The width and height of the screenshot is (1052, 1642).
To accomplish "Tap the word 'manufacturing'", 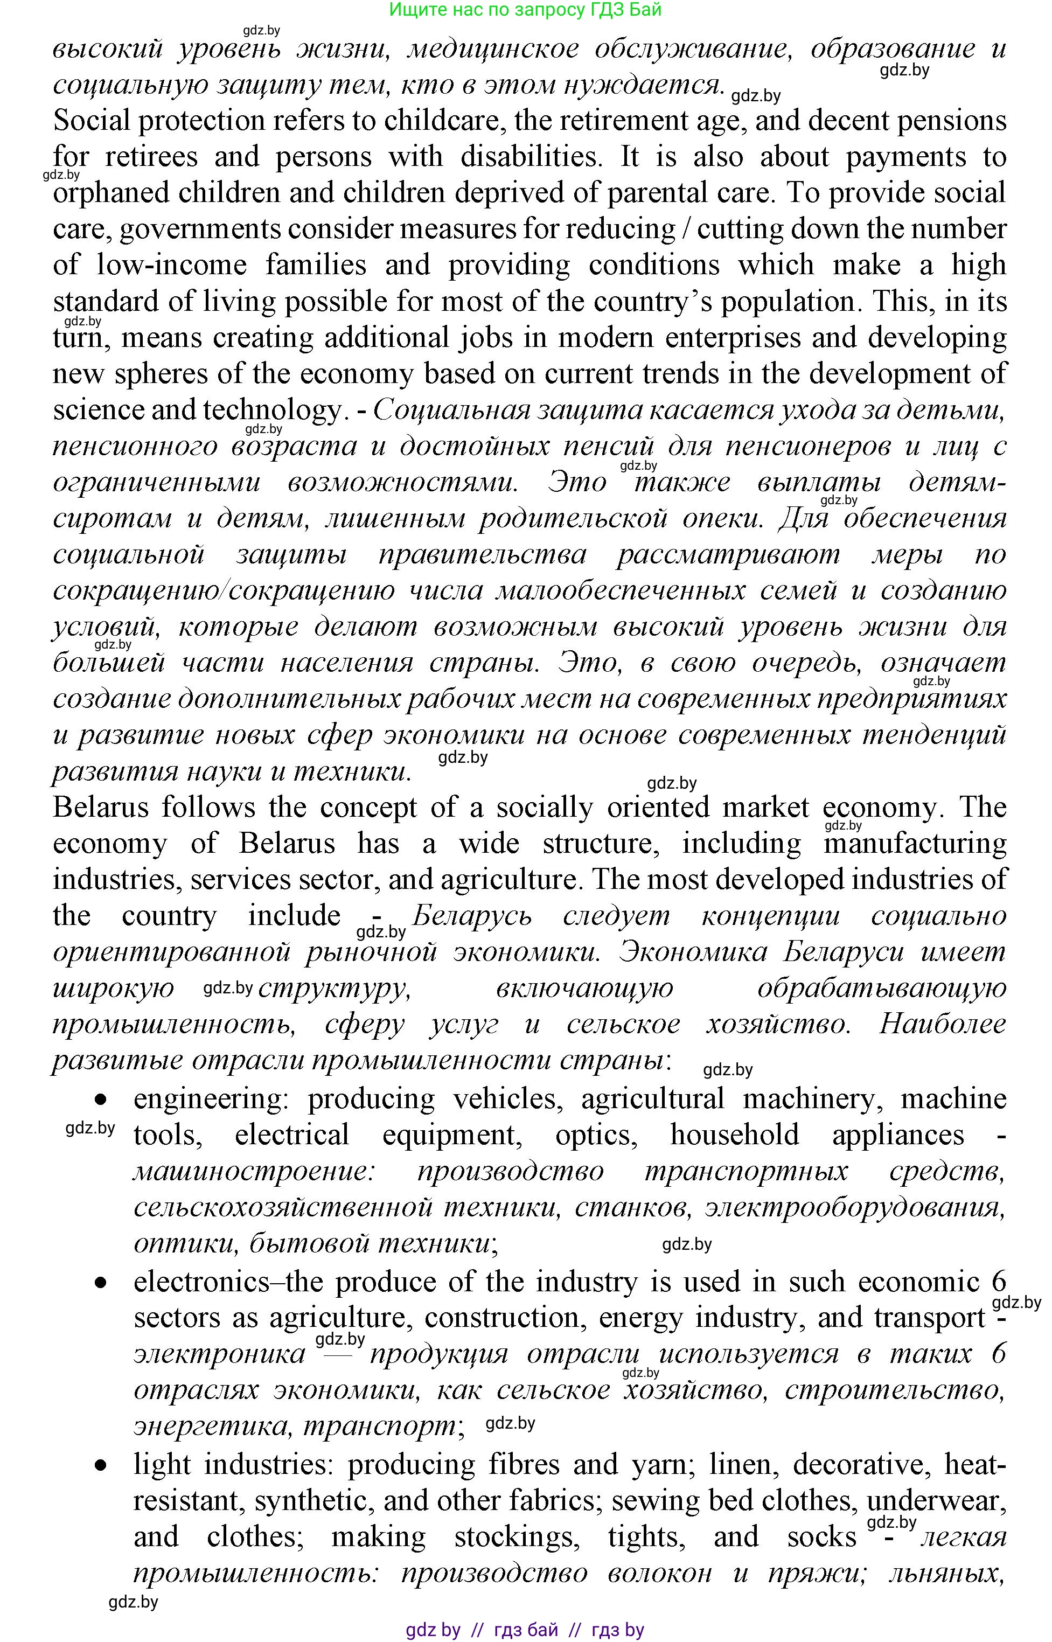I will (915, 844).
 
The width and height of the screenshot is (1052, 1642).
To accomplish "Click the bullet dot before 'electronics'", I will (101, 1282).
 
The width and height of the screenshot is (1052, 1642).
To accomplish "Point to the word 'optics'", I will (596, 1135).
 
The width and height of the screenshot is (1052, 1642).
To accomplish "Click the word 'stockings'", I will (517, 1537).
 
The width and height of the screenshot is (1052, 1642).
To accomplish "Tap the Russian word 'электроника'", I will (219, 1354).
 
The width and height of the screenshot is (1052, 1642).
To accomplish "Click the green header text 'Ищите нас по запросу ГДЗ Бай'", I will (525, 10).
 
